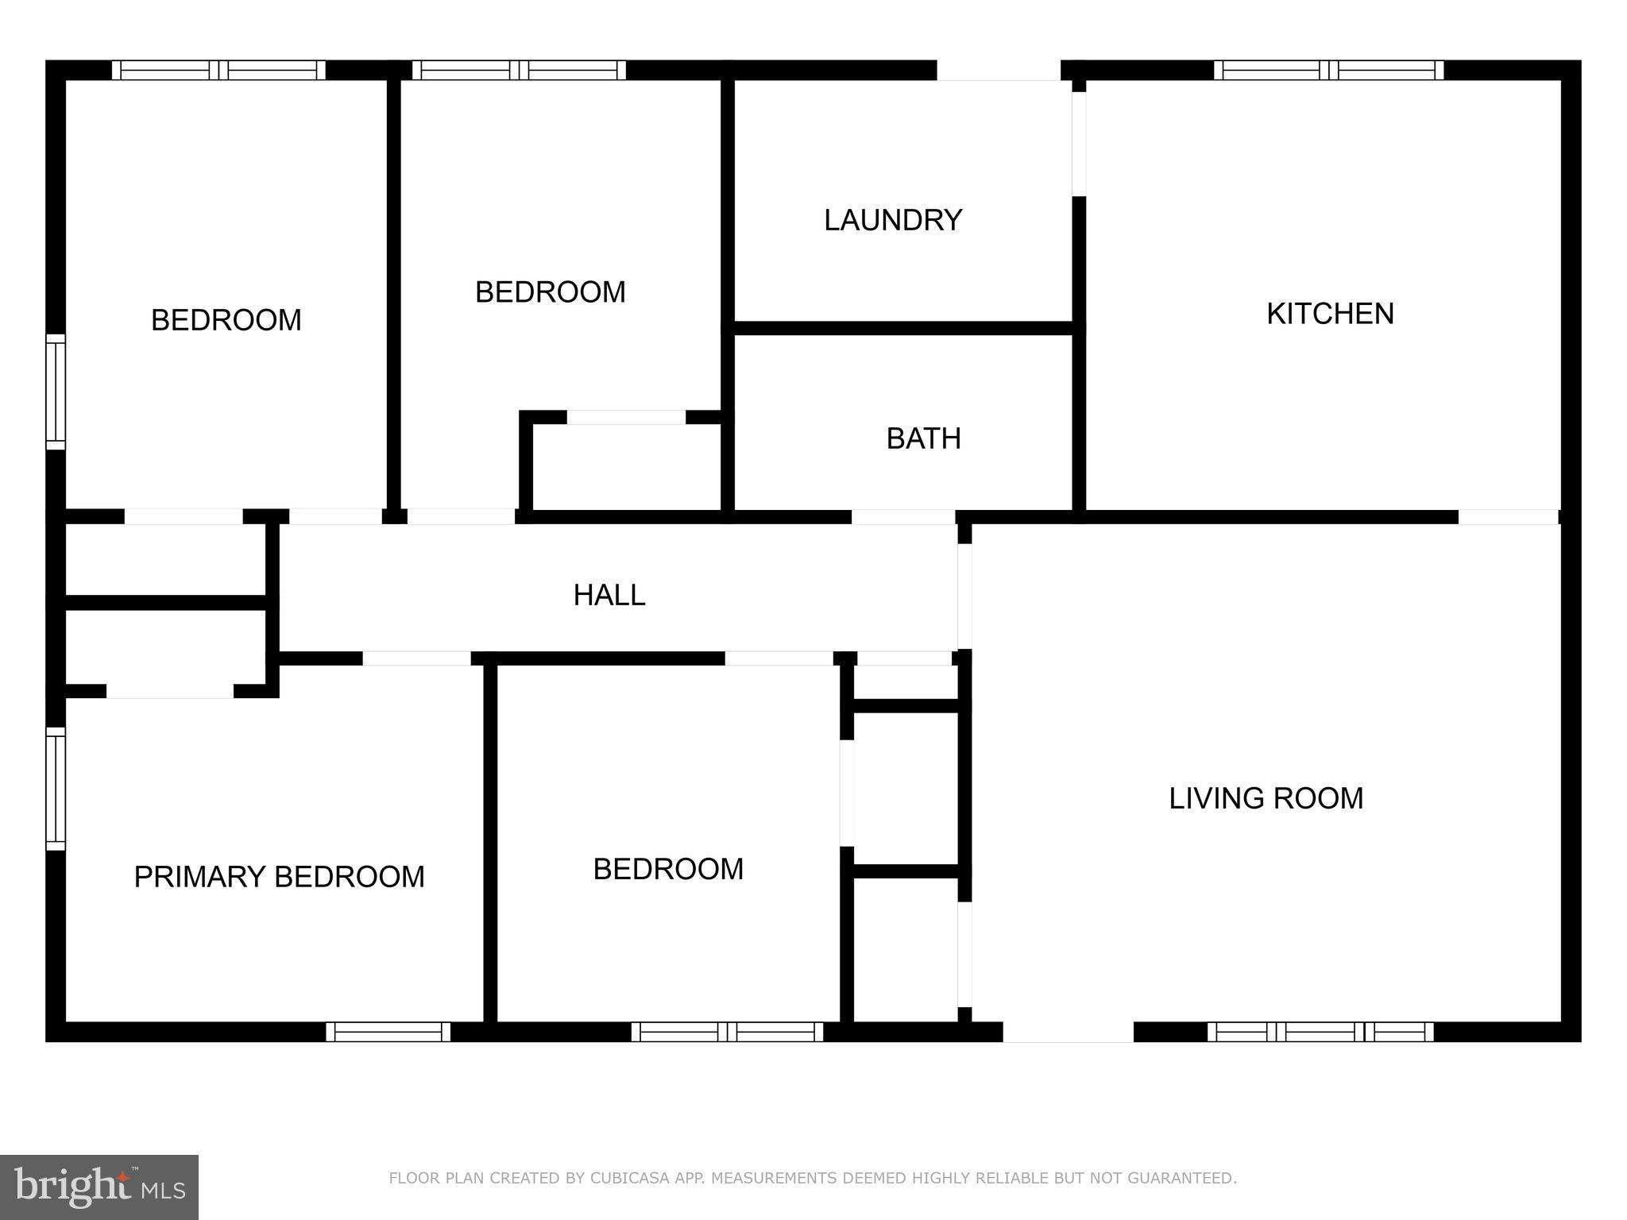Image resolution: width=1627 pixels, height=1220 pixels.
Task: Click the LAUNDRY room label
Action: click(893, 220)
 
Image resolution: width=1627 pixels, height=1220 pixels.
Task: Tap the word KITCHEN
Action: click(1330, 314)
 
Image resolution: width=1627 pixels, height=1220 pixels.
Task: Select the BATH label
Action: click(923, 438)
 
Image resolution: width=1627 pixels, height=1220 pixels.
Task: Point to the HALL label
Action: click(609, 595)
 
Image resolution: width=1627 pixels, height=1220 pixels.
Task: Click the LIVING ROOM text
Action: click(1266, 798)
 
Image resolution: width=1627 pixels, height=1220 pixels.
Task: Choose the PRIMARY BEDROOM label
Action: click(279, 877)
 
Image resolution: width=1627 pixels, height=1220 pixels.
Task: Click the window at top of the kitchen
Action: click(1328, 71)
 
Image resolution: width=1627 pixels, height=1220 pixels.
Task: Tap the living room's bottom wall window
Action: click(1320, 1032)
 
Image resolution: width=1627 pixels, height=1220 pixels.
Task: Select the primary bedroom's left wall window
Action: click(55, 789)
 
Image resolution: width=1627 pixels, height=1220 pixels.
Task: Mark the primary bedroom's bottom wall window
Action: click(388, 1032)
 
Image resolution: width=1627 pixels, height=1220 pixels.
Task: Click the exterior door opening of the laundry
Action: click(999, 71)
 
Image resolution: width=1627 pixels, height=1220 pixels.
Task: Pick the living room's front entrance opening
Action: click(1068, 1032)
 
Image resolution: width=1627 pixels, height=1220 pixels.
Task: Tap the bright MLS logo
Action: click(99, 1187)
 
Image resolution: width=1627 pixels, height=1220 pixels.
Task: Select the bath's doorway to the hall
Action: click(902, 517)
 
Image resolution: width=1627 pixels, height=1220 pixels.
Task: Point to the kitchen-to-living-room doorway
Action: click(1508, 517)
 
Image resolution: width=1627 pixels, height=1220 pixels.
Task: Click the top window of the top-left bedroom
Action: click(218, 71)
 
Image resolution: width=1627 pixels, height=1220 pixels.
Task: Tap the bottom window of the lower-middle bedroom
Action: click(727, 1032)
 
